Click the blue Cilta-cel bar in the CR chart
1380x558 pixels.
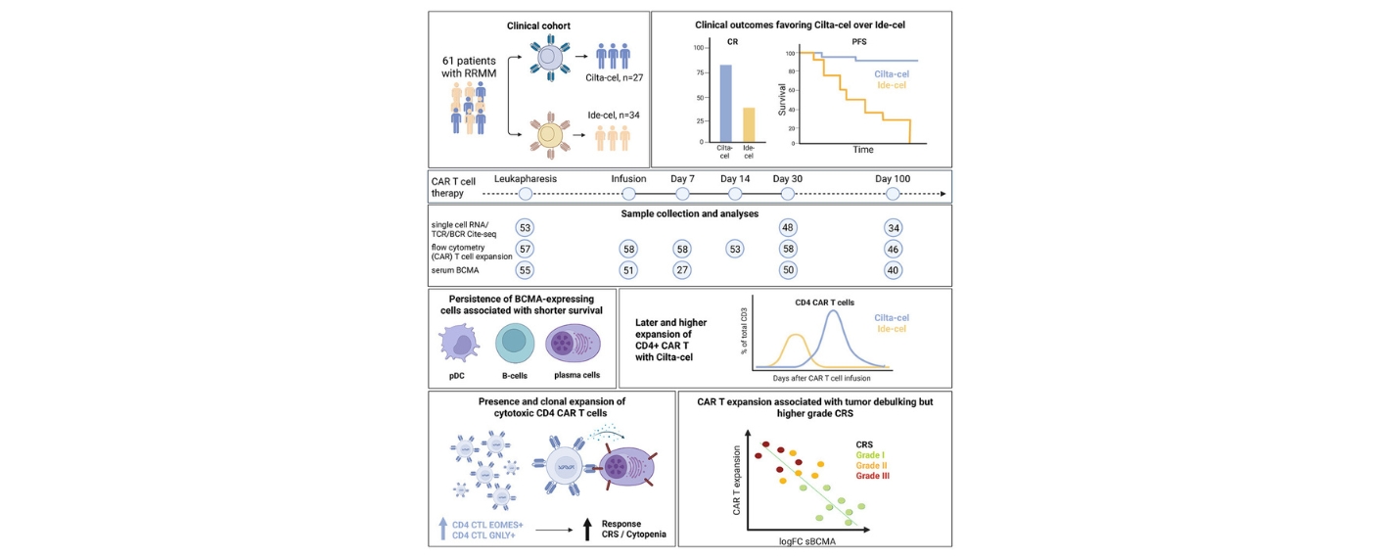coord(725,104)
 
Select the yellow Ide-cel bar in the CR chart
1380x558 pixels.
coord(749,124)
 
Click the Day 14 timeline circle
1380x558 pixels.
coord(735,194)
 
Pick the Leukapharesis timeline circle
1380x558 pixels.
coord(525,194)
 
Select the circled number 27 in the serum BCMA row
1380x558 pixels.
coord(682,270)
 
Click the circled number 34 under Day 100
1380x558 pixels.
coord(893,227)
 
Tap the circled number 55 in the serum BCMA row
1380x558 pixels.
coord(525,270)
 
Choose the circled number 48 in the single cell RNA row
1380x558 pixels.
coord(787,227)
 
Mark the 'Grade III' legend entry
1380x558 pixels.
coord(874,476)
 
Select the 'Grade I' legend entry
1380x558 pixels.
coord(870,453)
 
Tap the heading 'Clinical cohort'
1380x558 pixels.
coord(539,24)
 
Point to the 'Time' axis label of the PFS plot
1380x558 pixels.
coord(862,150)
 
